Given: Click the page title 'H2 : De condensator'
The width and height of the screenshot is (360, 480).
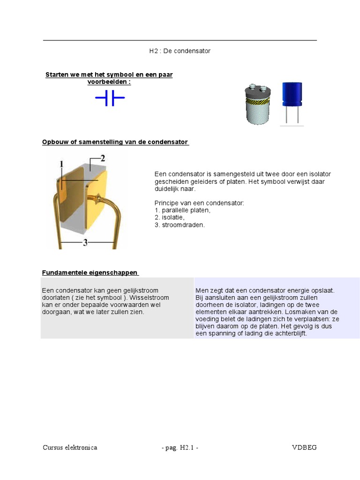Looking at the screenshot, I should click(x=180, y=51).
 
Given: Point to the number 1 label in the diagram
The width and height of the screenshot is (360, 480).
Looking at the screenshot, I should click(x=61, y=164).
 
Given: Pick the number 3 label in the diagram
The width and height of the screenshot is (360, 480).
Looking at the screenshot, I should click(x=85, y=243).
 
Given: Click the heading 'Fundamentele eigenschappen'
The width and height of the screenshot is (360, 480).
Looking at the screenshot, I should click(x=90, y=272).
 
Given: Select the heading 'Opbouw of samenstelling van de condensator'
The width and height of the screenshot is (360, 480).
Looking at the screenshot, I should click(x=115, y=142).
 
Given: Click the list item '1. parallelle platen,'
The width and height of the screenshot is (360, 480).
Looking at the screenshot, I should click(x=182, y=210).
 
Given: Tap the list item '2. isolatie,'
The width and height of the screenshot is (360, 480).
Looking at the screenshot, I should click(x=169, y=217).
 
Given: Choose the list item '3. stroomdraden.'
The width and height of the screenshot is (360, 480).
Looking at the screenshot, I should click(x=180, y=225).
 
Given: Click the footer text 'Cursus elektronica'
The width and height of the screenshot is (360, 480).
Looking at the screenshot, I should click(x=70, y=448).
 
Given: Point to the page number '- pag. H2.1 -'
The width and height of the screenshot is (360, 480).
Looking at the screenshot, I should click(x=180, y=448).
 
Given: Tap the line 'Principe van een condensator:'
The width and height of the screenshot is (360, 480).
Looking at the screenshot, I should click(x=199, y=203).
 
